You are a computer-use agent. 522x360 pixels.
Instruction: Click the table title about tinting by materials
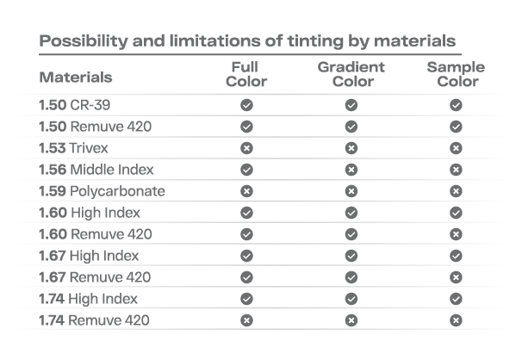pos(247,41)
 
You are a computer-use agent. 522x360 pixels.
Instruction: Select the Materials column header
pos(75,77)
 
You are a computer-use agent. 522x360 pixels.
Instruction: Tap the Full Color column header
pos(247,74)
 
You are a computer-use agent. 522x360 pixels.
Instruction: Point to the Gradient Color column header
pos(352,74)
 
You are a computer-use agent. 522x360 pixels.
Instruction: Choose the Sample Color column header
pos(456,74)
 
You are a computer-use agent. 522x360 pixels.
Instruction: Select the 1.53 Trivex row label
pos(73,147)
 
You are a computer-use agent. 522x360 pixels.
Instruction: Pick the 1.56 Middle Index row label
pos(96,169)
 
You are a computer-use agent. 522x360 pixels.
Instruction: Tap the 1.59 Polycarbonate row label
pos(101,190)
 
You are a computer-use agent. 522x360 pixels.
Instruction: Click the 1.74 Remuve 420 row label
pos(94,320)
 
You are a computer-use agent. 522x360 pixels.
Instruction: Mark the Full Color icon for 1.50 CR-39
pos(246,104)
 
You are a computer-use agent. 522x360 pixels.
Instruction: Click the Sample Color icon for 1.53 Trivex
pos(456,147)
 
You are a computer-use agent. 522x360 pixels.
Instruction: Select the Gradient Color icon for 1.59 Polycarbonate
pos(351,190)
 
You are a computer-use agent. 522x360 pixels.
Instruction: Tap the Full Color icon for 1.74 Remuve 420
pos(246,320)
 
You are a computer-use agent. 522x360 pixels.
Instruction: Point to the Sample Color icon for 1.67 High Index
pos(456,256)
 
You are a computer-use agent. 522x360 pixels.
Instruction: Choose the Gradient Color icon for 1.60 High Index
pos(351,212)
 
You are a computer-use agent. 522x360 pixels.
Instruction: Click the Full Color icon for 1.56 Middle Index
pos(246,169)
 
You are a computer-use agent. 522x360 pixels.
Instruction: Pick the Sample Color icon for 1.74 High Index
pos(456,299)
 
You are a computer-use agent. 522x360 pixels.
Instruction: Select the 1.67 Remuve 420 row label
pos(94,277)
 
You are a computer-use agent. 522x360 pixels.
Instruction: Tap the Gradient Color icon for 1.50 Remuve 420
pos(351,126)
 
